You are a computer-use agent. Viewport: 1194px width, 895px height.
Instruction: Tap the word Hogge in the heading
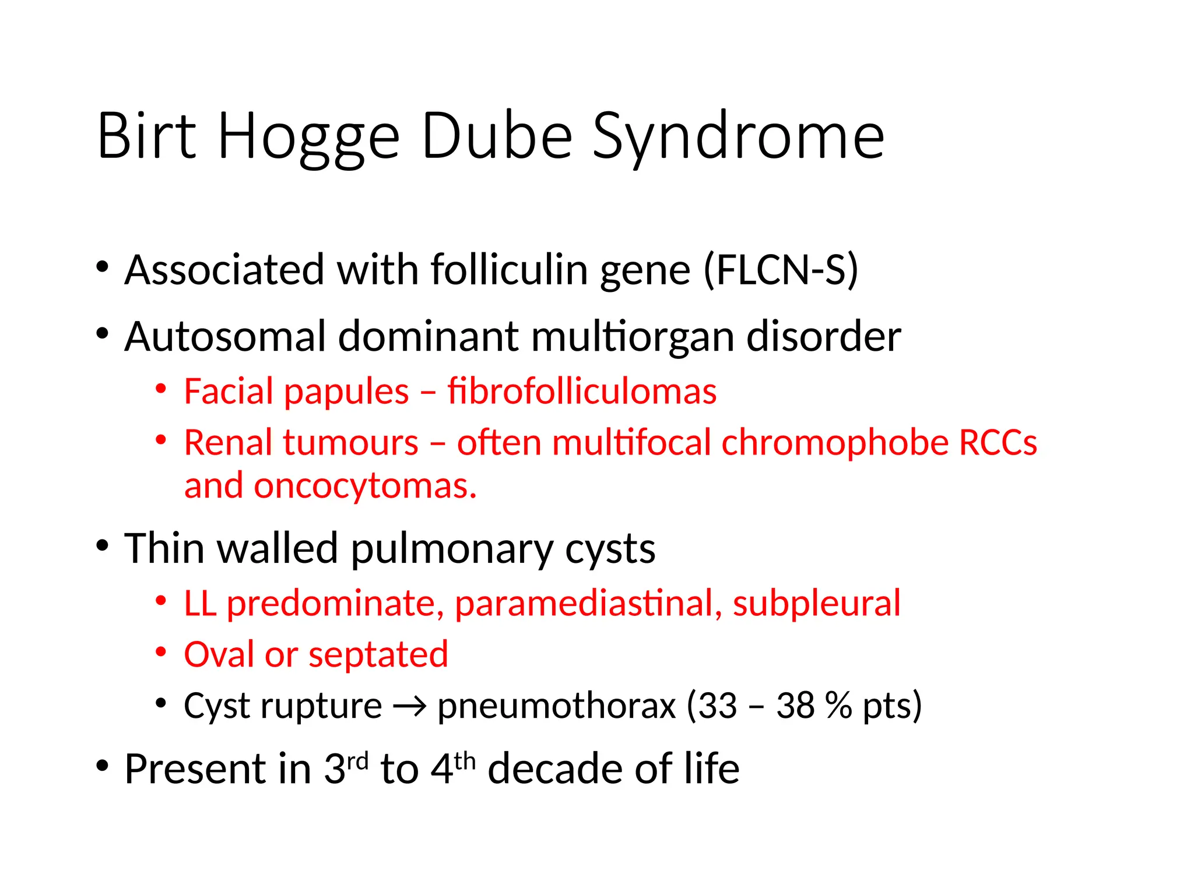tap(308, 138)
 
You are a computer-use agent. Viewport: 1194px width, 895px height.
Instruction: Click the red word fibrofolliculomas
tap(582, 391)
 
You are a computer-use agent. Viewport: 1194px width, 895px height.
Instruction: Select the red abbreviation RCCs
tap(998, 442)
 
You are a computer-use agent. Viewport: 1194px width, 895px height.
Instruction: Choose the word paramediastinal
tap(585, 603)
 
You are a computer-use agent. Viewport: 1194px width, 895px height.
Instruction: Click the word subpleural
tap(816, 603)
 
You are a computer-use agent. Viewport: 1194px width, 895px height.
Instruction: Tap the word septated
tap(378, 654)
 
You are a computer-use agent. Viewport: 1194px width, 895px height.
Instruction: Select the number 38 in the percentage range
tap(795, 706)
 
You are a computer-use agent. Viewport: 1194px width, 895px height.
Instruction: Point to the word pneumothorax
tap(556, 706)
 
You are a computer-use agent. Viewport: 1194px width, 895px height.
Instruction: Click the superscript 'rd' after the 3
tap(357, 761)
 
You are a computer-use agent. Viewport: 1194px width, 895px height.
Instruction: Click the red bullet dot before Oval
tap(161, 653)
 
